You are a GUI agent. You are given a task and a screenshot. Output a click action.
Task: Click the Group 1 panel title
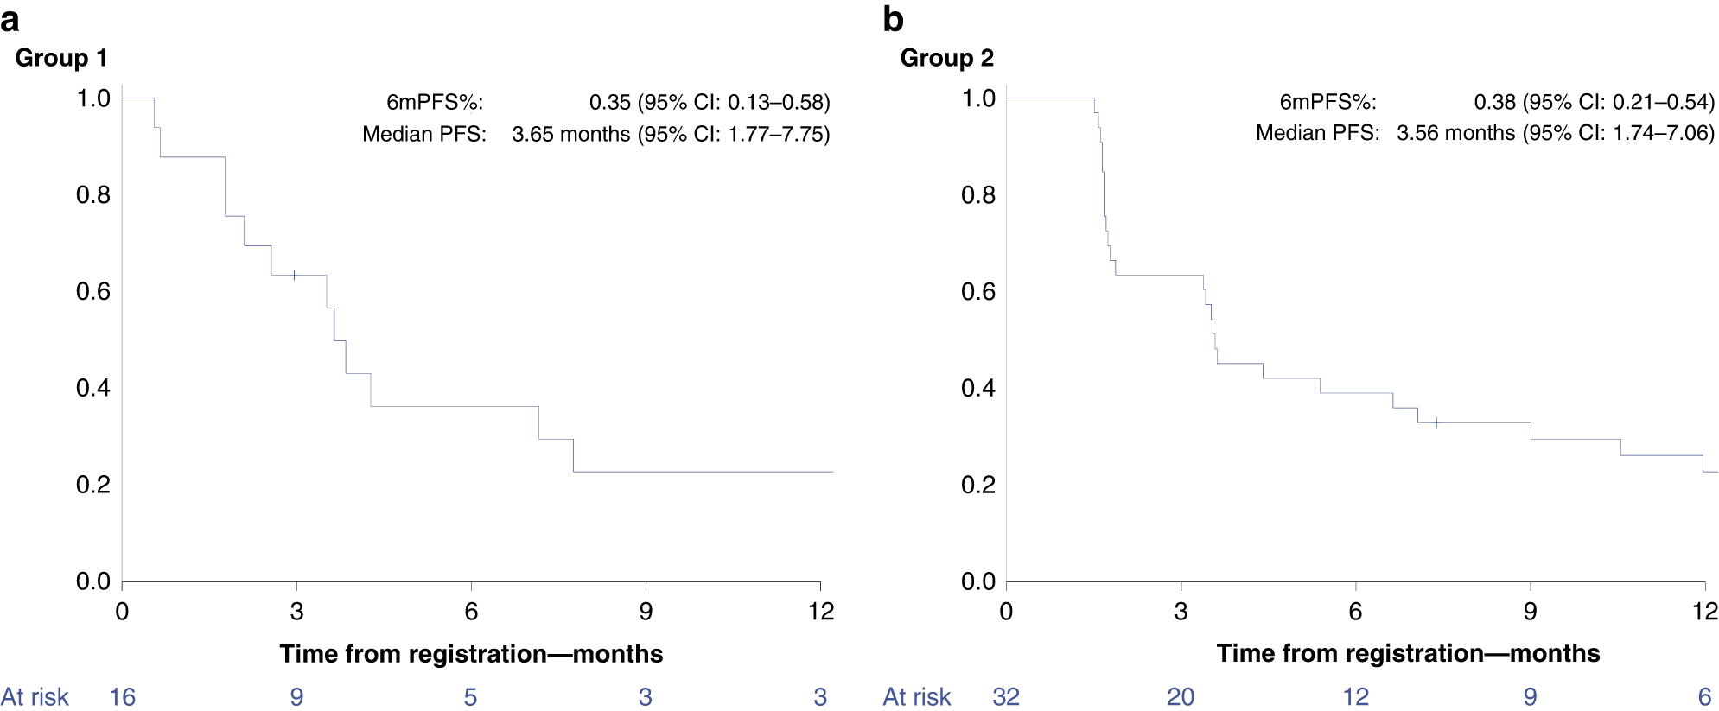[61, 58]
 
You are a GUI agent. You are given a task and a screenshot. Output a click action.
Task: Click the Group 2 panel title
[946, 58]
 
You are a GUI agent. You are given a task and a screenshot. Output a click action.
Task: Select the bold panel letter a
[10, 19]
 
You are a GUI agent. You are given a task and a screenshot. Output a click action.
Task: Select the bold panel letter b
[893, 19]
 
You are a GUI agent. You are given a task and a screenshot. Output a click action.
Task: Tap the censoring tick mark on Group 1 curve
[294, 275]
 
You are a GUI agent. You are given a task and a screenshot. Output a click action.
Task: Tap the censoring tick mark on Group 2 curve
[1436, 422]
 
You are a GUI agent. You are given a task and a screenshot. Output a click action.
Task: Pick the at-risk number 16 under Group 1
[122, 697]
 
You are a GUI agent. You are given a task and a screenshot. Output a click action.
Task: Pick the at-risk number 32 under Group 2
[1006, 697]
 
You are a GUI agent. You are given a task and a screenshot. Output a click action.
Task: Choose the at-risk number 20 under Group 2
[1181, 697]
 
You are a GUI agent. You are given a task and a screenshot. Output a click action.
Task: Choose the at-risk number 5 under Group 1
[470, 697]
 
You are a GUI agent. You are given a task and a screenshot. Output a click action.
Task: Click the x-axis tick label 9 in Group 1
[646, 612]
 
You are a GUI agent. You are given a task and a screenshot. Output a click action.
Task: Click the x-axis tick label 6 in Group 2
[1355, 612]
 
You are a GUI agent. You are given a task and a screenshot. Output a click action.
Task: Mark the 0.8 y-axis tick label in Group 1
[93, 195]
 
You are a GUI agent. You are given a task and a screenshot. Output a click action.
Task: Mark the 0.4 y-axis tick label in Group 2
[978, 388]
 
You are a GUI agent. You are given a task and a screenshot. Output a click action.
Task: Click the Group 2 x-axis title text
[1408, 653]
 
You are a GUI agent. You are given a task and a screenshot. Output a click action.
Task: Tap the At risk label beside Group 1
[35, 697]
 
